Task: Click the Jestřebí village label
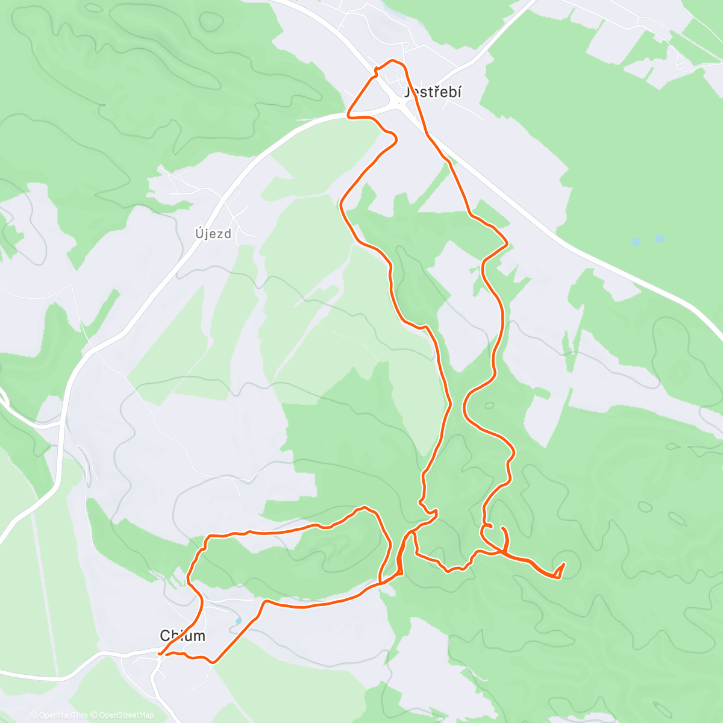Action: [x=433, y=92]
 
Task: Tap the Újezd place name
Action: [x=213, y=234]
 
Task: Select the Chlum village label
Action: [x=182, y=636]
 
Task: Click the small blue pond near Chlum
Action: [x=239, y=620]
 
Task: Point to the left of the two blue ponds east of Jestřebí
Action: [x=637, y=242]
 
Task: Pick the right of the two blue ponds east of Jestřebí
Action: [x=660, y=239]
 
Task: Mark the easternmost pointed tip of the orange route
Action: [x=563, y=565]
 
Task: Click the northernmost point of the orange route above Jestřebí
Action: [x=393, y=61]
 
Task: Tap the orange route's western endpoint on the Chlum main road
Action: [x=160, y=653]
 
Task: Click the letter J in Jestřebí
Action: [x=408, y=92]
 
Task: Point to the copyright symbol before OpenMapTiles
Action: [x=34, y=715]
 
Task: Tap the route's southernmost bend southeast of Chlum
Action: [x=212, y=662]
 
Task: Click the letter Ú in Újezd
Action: [x=199, y=233]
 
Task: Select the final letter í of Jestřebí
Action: [x=459, y=92]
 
